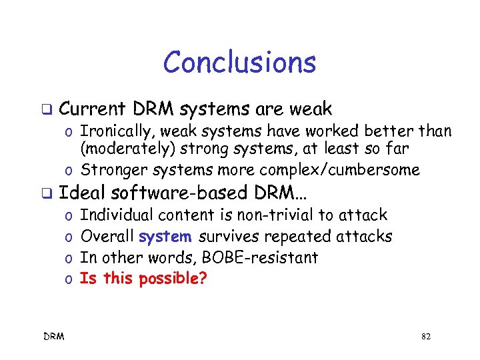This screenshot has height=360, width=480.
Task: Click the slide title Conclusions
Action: click(239, 63)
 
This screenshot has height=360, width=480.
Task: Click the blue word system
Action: click(165, 236)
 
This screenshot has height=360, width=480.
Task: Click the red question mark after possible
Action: click(203, 279)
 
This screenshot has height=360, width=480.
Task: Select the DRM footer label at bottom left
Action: click(55, 337)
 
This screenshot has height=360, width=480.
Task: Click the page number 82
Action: click(426, 337)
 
